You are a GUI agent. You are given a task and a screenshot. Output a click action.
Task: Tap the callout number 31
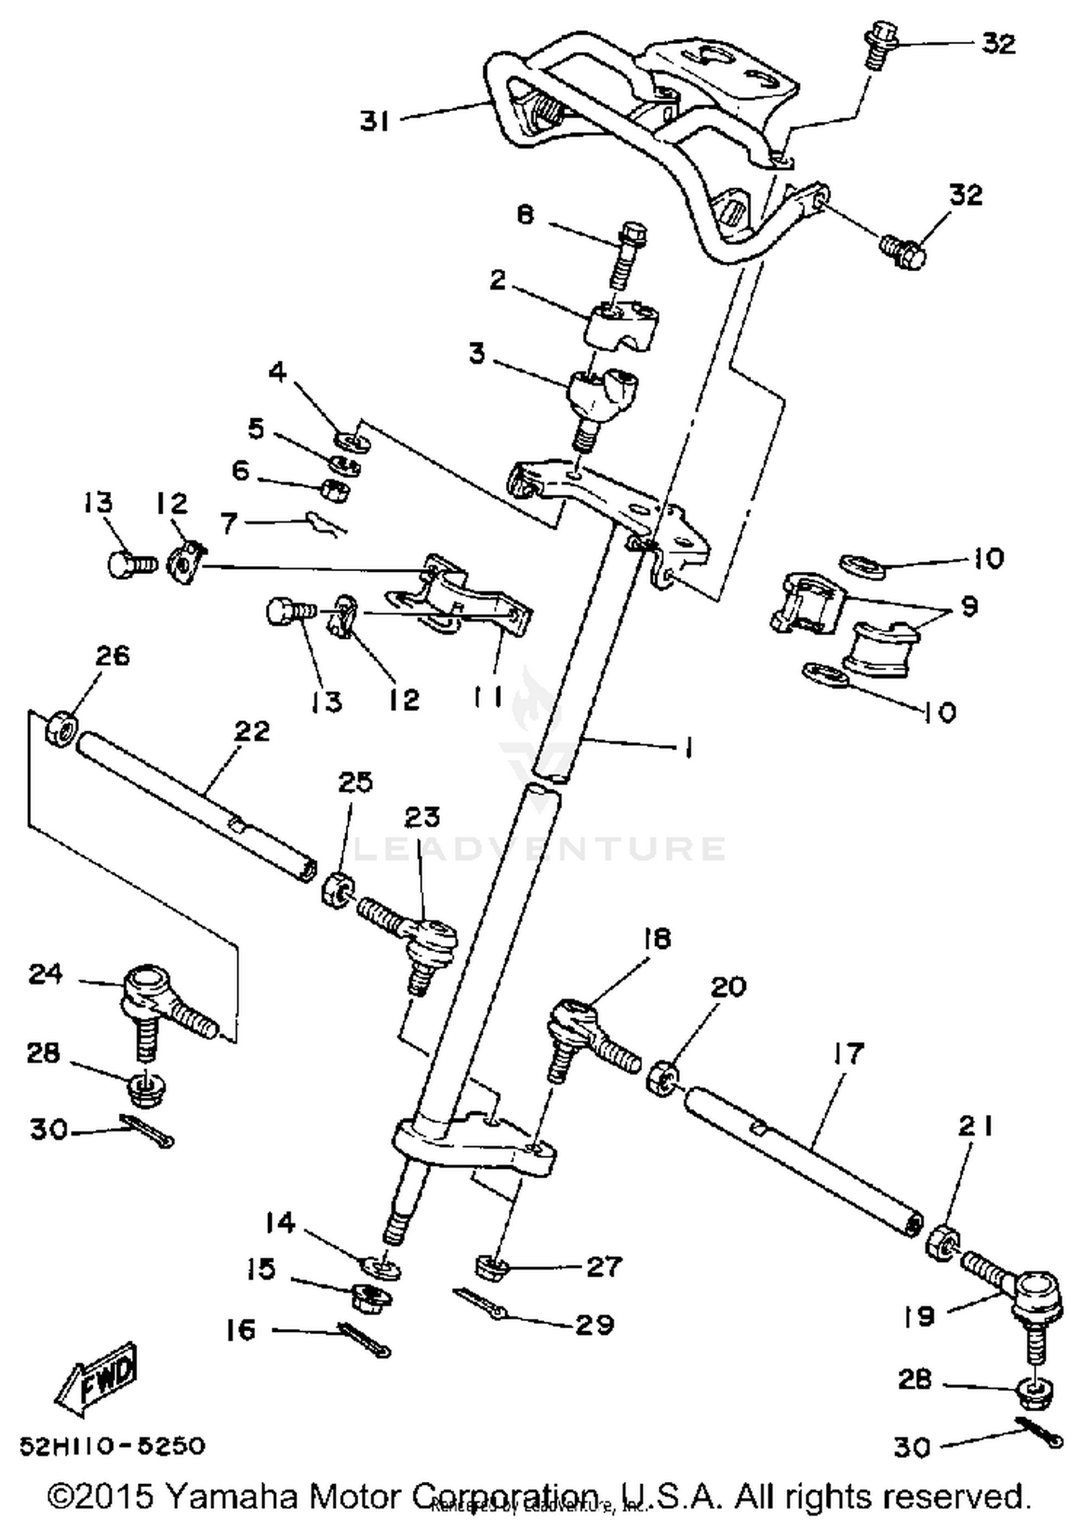click(375, 121)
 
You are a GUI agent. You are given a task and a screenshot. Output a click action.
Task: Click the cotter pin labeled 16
click(363, 1340)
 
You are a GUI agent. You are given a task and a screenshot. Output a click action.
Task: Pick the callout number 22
click(252, 730)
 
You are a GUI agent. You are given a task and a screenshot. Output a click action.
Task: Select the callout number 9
click(969, 606)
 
